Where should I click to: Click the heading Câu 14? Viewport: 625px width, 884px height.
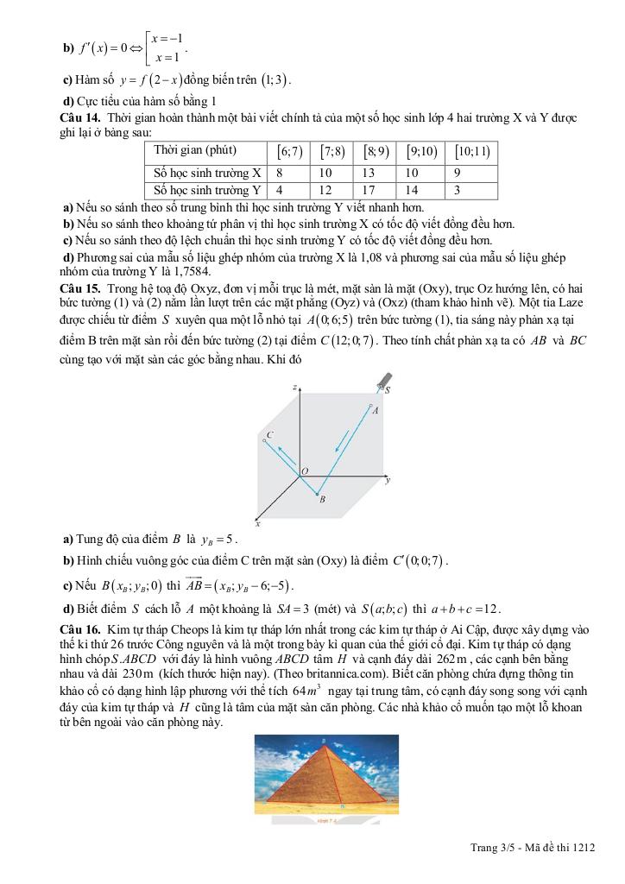[78, 117]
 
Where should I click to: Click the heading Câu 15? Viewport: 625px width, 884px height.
[78, 286]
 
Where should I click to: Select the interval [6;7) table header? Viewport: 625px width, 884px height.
[289, 151]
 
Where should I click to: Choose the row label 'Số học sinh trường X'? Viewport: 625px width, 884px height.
[207, 173]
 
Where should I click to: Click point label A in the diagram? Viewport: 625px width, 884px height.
[376, 412]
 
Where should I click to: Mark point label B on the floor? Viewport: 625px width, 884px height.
[322, 499]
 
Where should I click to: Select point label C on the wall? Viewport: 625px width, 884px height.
[270, 434]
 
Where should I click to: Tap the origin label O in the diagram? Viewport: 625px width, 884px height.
[303, 470]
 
